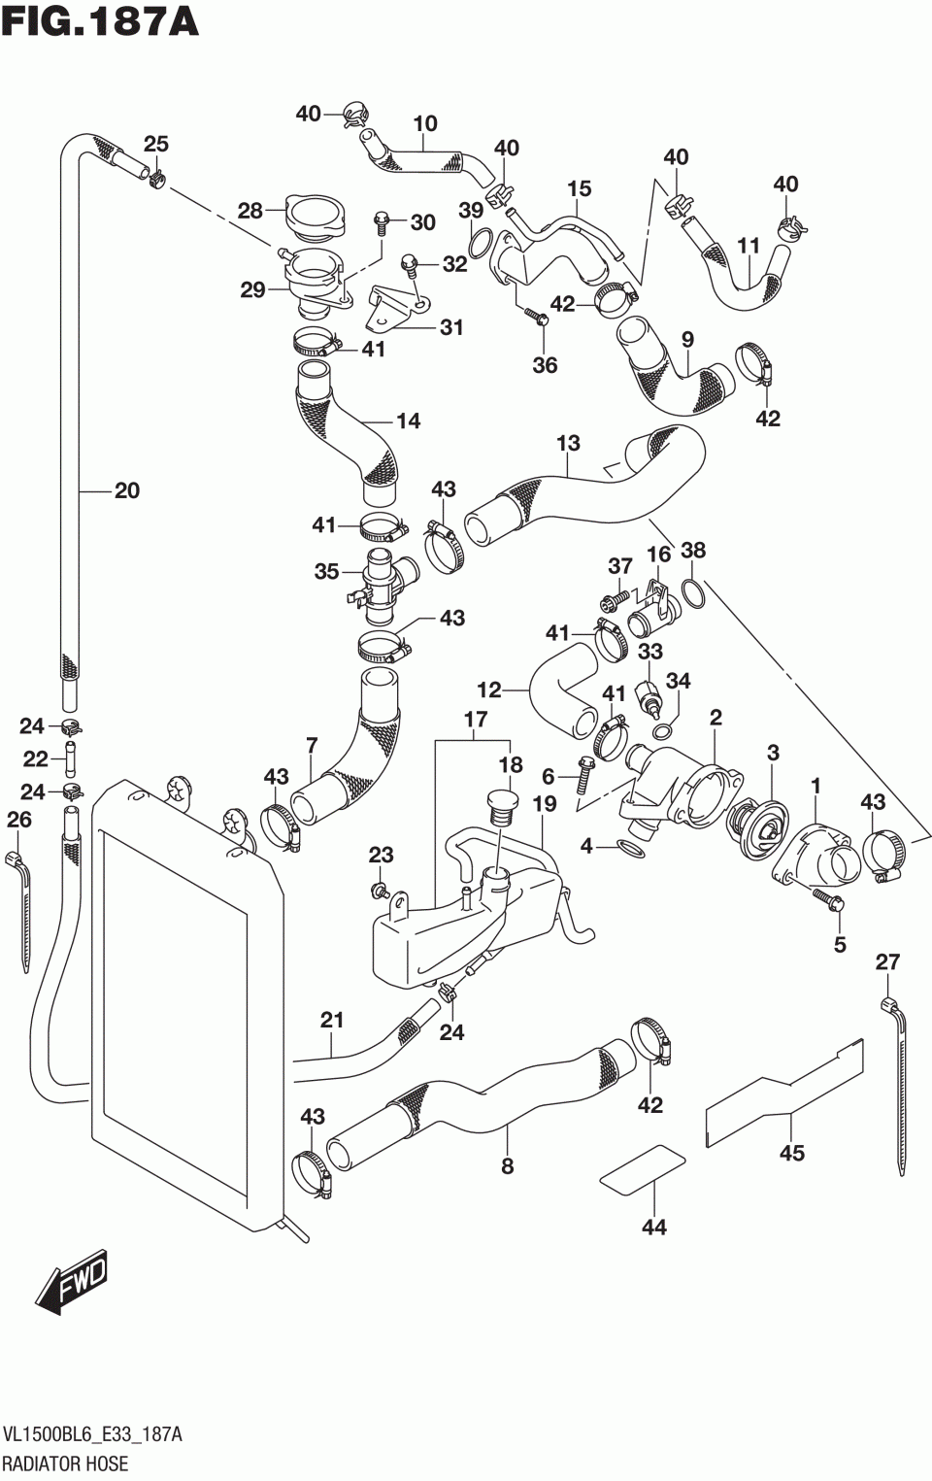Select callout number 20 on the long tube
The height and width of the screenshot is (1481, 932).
(127, 490)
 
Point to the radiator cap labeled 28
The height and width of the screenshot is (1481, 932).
(314, 216)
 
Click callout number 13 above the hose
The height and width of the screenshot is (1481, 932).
(568, 444)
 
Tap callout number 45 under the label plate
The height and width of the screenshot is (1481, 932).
(792, 1153)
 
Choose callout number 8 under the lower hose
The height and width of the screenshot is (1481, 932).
(507, 1166)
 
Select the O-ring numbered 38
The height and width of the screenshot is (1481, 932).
(692, 592)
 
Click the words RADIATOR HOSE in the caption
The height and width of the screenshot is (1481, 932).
(65, 1463)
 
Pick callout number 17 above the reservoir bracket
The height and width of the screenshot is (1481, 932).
(475, 720)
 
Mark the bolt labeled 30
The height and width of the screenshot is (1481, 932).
(382, 222)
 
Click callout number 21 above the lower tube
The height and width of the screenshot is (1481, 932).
(332, 1020)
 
